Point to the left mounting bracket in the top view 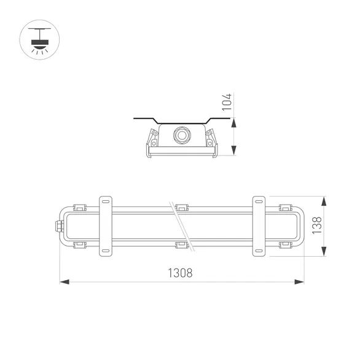point(106,225)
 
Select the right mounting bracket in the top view point(259,225)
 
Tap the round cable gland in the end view point(181,135)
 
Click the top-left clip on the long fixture point(78,207)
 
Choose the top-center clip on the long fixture point(181,207)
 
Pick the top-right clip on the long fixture point(285,207)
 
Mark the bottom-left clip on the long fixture point(78,245)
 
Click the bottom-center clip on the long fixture point(181,245)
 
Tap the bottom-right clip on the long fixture point(285,245)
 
